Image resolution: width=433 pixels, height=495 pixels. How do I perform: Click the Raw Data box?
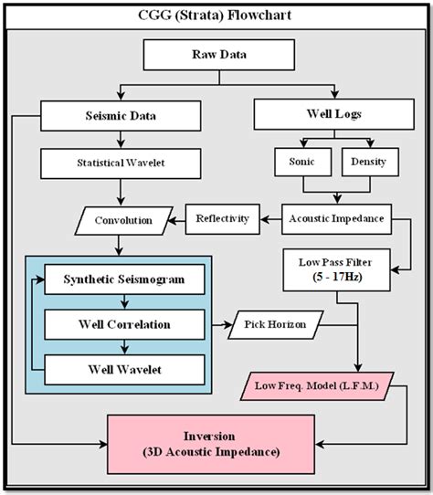pos(216,55)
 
